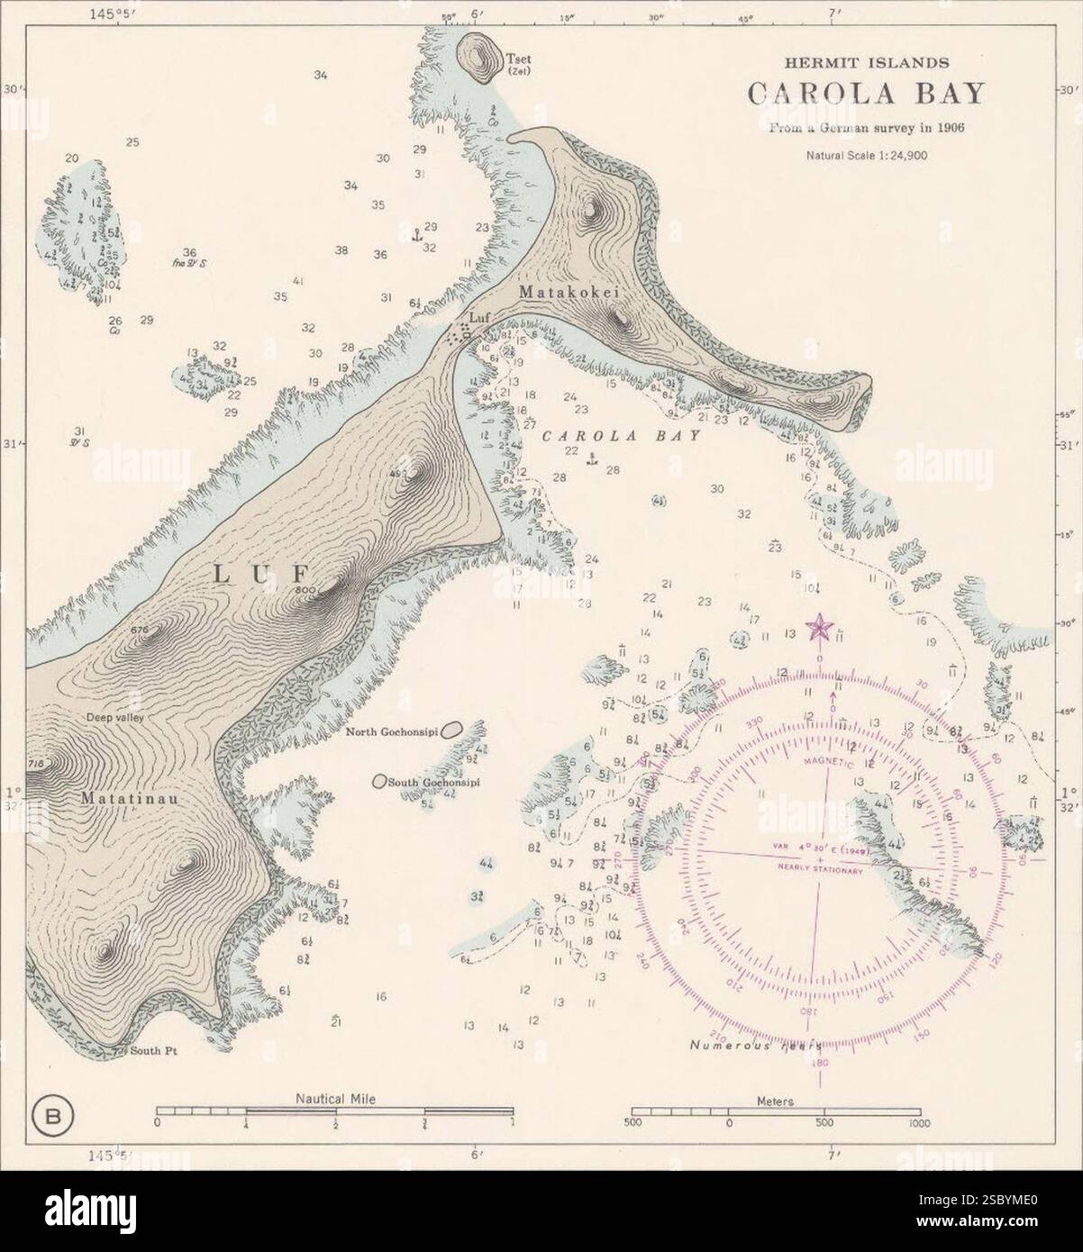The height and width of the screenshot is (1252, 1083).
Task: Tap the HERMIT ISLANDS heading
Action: pyautogui.click(x=865, y=63)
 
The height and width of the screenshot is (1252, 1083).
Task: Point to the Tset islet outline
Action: pyautogui.click(x=479, y=58)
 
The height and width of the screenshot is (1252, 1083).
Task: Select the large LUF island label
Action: pyautogui.click(x=261, y=574)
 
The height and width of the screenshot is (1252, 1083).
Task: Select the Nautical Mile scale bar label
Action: pyautogui.click(x=335, y=1099)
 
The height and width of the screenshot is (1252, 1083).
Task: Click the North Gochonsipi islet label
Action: pyautogui.click(x=397, y=732)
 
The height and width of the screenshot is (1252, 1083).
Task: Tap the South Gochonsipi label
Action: pyautogui.click(x=432, y=783)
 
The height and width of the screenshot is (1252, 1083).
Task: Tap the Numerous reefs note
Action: pyautogui.click(x=755, y=1046)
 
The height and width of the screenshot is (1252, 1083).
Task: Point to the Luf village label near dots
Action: pyautogui.click(x=478, y=317)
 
